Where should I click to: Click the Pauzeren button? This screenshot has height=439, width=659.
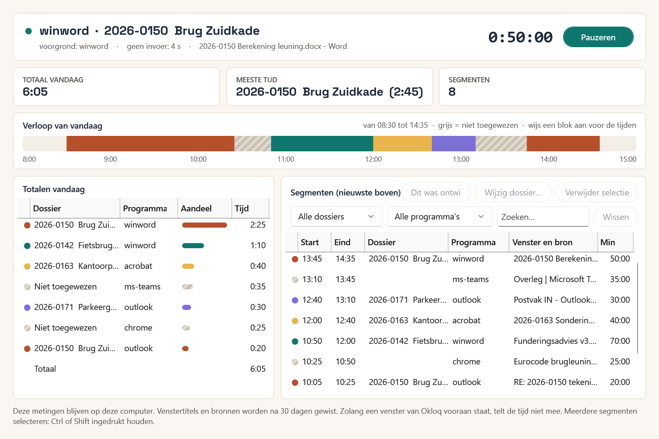coord(598,37)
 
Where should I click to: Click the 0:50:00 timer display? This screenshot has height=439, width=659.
coord(520,37)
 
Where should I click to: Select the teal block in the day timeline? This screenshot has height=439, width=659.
coord(322,144)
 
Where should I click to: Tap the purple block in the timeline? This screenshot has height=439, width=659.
coord(454,144)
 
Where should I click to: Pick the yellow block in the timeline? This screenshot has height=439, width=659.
coord(402,144)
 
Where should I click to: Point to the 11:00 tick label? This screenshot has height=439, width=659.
coord(286,159)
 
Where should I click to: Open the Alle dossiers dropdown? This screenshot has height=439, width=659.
coord(336,216)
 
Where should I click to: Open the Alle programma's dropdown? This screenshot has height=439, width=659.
coord(440,216)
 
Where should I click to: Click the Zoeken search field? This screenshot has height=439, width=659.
coord(543,217)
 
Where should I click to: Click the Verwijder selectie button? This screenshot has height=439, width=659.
coord(597,192)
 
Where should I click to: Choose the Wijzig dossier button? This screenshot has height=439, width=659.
coord(513,192)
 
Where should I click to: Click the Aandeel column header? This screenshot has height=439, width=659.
coord(196,208)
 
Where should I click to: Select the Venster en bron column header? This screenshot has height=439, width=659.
coord(542,242)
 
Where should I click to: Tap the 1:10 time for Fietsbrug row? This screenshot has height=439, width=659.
coord(258,245)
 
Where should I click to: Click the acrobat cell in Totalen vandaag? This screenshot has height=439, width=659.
coord(138,266)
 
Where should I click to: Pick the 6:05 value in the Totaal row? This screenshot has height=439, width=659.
coord(258,369)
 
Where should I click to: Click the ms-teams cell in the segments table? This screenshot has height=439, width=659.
coord(470,279)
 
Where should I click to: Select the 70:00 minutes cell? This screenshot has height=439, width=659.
coord(620,341)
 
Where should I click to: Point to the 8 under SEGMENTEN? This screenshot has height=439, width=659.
coord(452,92)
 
